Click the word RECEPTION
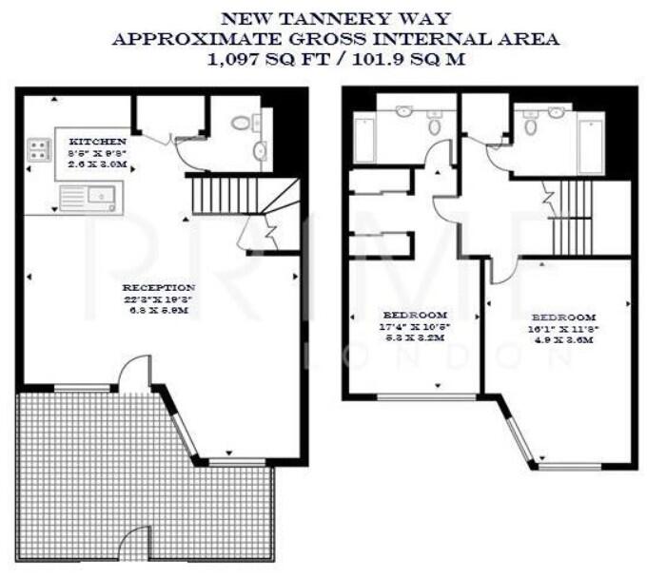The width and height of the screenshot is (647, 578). (x=159, y=287)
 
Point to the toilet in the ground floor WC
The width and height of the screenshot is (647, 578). (x=242, y=121)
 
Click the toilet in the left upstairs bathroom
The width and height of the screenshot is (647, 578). (x=434, y=124)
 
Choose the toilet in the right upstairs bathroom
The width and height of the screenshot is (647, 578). (x=529, y=124)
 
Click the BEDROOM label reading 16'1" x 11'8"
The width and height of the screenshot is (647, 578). (x=563, y=318)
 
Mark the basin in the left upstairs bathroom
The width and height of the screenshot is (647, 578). (x=404, y=112)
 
